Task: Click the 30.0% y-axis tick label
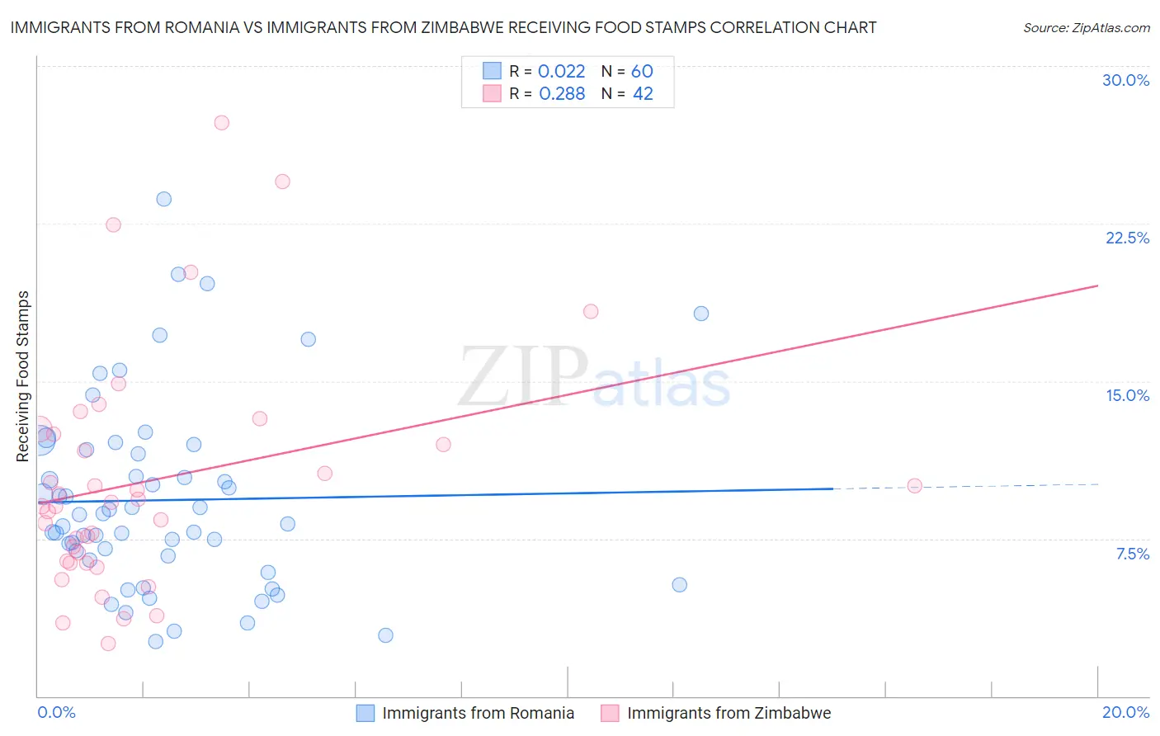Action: click(1125, 80)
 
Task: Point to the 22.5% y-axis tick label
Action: click(1127, 238)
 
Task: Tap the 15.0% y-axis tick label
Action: click(1127, 395)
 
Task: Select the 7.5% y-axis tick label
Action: click(1132, 554)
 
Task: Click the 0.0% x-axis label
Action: click(56, 712)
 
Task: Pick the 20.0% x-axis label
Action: click(1125, 712)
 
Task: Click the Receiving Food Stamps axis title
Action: click(23, 376)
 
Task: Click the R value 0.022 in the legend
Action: click(561, 72)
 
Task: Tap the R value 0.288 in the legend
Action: click(561, 94)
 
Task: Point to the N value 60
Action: click(642, 72)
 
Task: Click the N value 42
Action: click(643, 94)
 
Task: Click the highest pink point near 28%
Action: click(221, 123)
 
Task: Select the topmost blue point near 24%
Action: click(164, 199)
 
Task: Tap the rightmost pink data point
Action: click(914, 486)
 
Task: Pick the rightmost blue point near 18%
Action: click(701, 314)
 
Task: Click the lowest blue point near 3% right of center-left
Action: click(385, 635)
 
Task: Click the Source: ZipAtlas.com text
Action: click(1086, 28)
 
